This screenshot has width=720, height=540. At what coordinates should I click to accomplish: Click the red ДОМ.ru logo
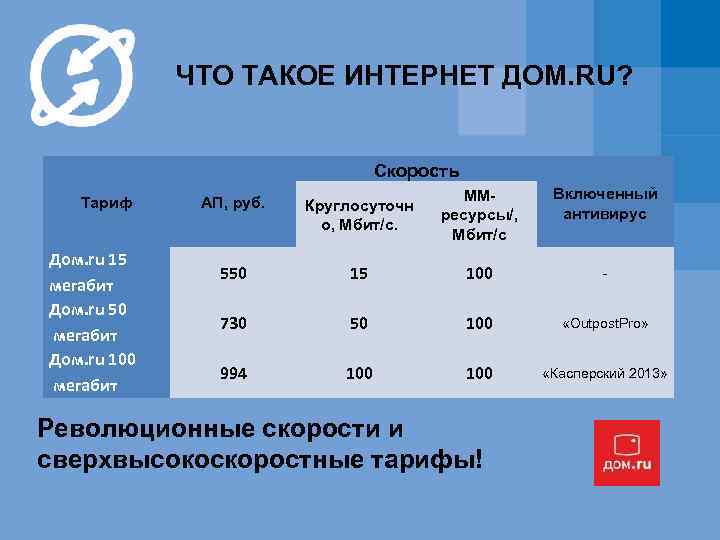tap(626, 453)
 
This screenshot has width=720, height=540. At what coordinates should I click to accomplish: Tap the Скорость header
tap(417, 171)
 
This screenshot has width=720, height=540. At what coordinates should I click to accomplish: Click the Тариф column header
tap(106, 204)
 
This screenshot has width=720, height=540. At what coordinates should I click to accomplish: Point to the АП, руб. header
tap(233, 204)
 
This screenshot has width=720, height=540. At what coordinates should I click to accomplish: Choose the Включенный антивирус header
tap(605, 205)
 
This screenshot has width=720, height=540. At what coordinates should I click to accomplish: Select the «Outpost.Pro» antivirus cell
tap(605, 324)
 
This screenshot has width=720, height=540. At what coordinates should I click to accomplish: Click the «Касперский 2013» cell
tap(605, 374)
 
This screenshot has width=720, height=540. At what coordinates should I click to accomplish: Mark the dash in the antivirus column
tap(605, 273)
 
